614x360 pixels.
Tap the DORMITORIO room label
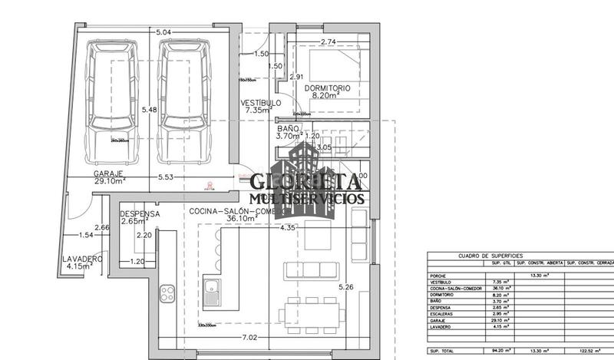[x=327, y=89]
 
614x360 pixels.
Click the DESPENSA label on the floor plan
[x=139, y=214]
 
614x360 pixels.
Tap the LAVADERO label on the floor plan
[x=82, y=260]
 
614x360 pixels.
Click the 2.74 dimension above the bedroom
[x=328, y=41]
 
